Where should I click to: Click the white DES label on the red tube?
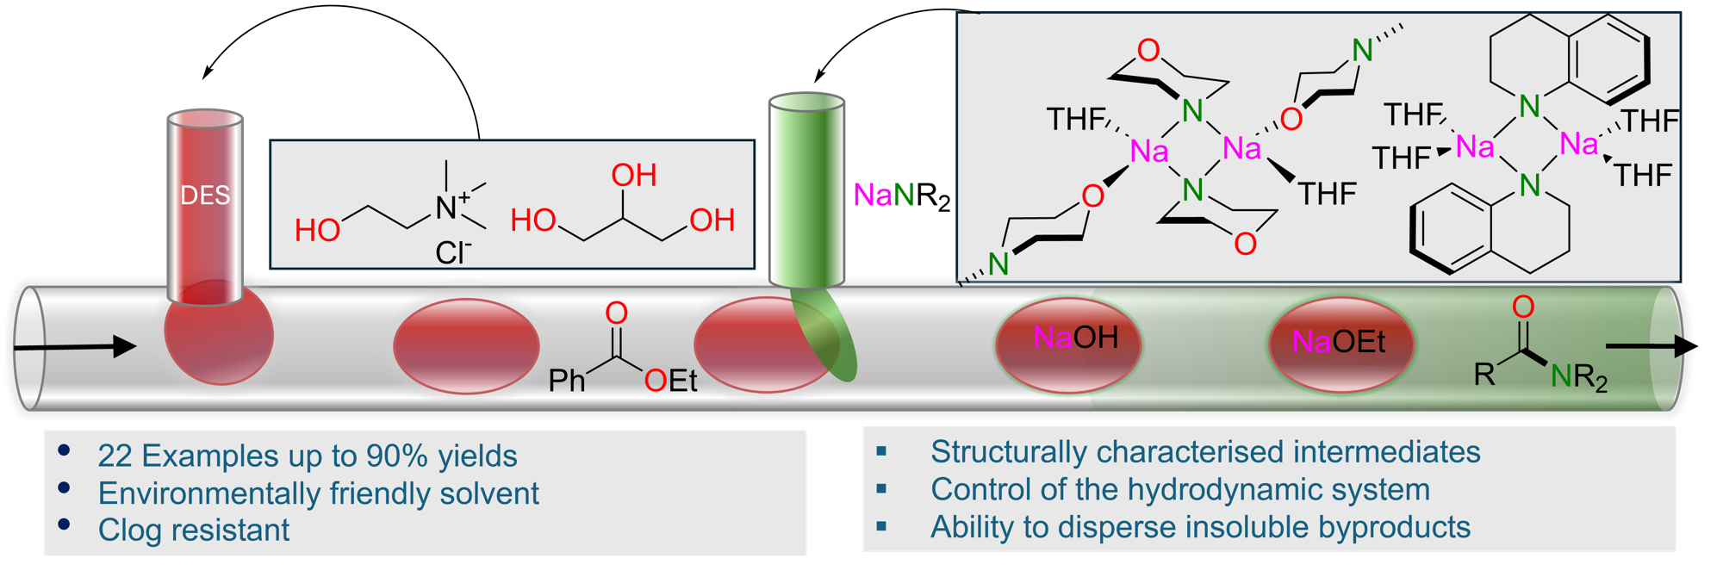[x=205, y=195]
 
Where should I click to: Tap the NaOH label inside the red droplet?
[x=1075, y=338]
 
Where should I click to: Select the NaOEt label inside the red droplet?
[x=1339, y=343]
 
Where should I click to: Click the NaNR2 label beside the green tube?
[x=901, y=196]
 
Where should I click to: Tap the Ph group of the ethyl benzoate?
[x=567, y=380]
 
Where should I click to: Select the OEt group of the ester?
[x=670, y=380]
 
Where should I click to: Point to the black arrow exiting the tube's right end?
[x=1651, y=346]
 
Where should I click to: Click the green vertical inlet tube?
[x=806, y=189]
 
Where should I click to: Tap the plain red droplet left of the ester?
[x=466, y=346]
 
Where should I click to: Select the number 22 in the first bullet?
[x=115, y=456]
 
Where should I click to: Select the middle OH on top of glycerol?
[x=634, y=176]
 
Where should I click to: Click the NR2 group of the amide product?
[x=1578, y=376]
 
